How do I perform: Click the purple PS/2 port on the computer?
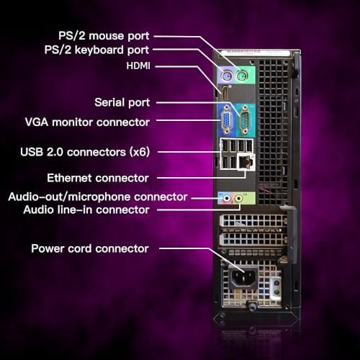(227, 77)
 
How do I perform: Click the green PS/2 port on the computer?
(242, 76)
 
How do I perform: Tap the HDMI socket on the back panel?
(225, 93)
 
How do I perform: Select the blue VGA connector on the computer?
(226, 120)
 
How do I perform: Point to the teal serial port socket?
(245, 120)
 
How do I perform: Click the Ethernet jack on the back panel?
(246, 162)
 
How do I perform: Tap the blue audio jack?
(227, 198)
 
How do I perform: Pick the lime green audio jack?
(238, 198)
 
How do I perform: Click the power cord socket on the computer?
(243, 277)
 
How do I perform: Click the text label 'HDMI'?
(138, 66)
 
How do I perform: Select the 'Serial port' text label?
(122, 102)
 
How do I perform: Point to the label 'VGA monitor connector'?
(87, 122)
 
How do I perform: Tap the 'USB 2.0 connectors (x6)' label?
(85, 152)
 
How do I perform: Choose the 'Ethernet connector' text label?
(98, 178)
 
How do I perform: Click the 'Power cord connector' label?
(90, 248)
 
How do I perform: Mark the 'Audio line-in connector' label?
(86, 210)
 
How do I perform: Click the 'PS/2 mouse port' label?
(104, 36)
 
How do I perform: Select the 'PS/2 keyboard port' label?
(96, 50)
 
